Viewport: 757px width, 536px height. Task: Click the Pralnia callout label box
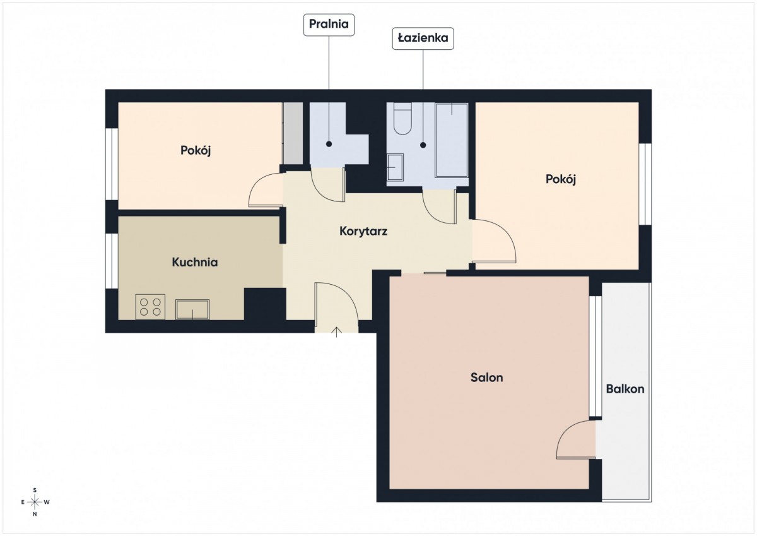[x=329, y=25]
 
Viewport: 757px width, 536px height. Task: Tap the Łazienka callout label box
[x=423, y=39]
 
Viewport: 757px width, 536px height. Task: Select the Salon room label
[x=486, y=378]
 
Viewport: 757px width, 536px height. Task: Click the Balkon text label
[x=625, y=389]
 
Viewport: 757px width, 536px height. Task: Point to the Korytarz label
[x=363, y=232]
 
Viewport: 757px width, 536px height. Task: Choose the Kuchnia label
[x=195, y=263]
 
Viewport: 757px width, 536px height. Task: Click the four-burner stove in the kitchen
[x=150, y=307]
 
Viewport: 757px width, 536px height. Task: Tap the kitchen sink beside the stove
[x=192, y=309]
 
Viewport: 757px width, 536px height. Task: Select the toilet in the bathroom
[x=402, y=119]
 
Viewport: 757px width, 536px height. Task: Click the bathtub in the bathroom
[x=452, y=140]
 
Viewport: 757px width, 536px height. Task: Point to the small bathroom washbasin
[x=395, y=167]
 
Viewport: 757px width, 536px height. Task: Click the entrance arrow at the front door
[x=337, y=331]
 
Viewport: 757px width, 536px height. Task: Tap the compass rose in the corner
[x=35, y=502]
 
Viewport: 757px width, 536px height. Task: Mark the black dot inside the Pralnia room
[x=329, y=144]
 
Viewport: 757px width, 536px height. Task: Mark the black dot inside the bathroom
[x=423, y=145]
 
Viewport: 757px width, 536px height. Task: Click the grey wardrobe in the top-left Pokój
[x=293, y=133]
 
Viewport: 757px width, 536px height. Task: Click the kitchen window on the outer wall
[x=112, y=261]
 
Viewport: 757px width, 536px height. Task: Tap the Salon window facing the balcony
[x=596, y=357]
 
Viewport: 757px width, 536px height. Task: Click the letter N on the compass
[x=35, y=515]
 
